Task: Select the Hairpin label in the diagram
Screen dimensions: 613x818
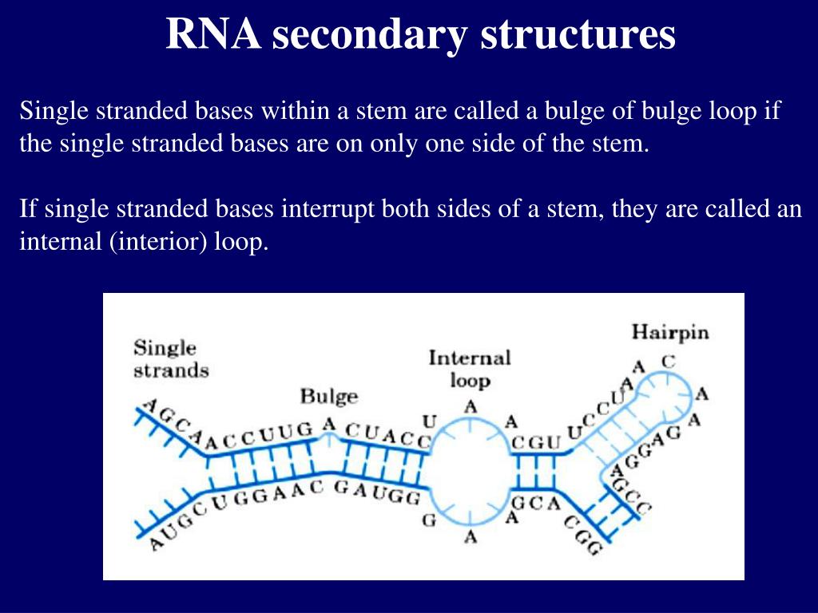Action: [669, 331]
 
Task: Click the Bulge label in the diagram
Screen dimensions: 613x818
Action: [328, 396]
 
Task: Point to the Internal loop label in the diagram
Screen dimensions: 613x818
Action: [470, 368]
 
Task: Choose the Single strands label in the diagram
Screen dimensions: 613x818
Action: [170, 359]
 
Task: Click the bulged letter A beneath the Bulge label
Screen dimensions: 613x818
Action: [328, 425]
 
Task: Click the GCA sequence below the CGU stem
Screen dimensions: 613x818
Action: [530, 504]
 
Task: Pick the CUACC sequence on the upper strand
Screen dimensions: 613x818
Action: [388, 434]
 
